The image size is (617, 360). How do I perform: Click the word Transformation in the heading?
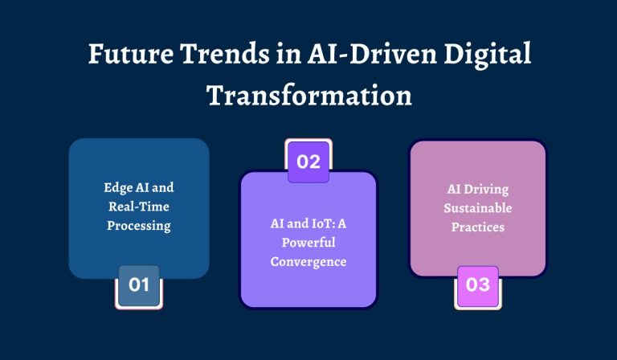tap(309, 95)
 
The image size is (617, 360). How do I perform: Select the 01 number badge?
tap(139, 285)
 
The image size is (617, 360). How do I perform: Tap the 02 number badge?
tap(308, 161)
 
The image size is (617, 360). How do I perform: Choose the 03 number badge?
tap(477, 285)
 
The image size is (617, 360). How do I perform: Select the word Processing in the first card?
tap(139, 226)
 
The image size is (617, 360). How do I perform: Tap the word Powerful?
tap(308, 243)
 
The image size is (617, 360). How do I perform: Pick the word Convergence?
tap(308, 262)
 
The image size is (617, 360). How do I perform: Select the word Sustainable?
tap(477, 209)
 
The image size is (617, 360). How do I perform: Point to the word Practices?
tap(477, 227)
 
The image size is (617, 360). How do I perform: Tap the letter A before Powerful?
tap(346, 223)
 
